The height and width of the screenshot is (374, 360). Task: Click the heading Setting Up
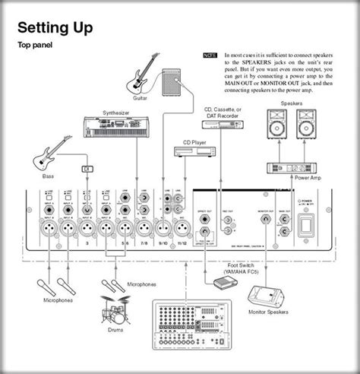pos(55,28)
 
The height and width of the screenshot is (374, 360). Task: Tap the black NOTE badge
pos(210,56)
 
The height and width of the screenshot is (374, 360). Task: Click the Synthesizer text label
pos(120,113)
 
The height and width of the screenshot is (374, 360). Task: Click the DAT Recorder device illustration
pos(223,125)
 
